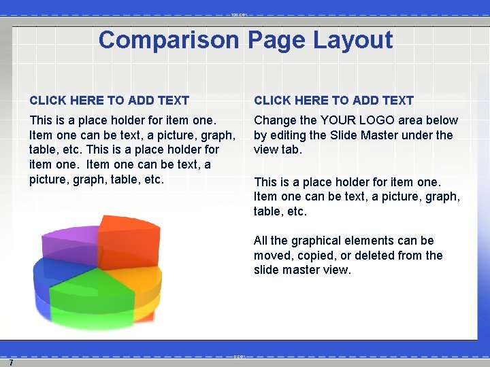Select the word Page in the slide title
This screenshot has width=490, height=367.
click(x=276, y=40)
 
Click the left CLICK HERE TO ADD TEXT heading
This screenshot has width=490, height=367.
click(x=109, y=101)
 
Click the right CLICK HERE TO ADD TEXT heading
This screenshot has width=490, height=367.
click(x=333, y=101)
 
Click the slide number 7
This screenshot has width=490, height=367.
click(x=11, y=363)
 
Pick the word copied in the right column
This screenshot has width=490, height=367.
click(x=318, y=256)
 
